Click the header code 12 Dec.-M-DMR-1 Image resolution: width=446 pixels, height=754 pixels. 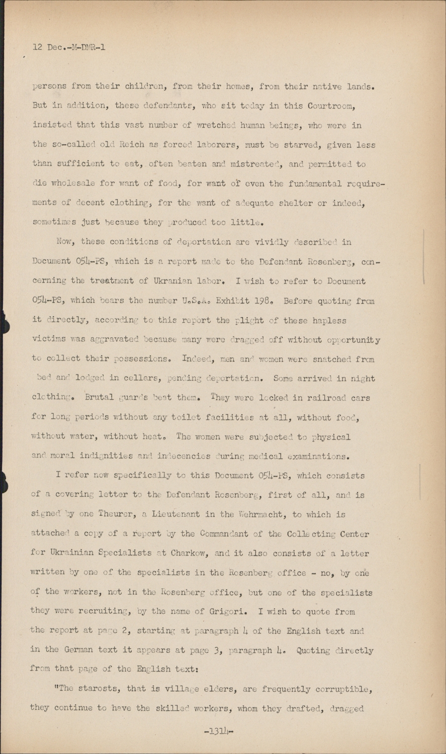pyautogui.click(x=69, y=48)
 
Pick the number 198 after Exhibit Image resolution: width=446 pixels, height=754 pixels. pyautogui.click(x=263, y=301)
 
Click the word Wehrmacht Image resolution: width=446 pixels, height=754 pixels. pyautogui.click(x=265, y=514)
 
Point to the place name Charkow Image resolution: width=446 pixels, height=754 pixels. pyautogui.click(x=189, y=553)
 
